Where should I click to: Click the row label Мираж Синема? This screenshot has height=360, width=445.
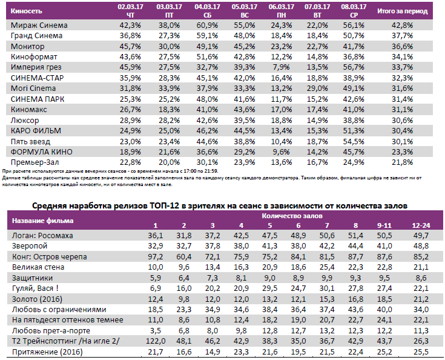pos(39,25)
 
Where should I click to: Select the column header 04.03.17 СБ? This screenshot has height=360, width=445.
pos(206,11)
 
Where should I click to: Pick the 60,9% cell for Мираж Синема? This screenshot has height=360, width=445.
pos(206,25)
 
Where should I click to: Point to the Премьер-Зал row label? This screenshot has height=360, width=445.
pos(38,162)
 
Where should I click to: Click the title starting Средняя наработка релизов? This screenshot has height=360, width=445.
pos(219,206)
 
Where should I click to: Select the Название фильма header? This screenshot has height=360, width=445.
pos(43,220)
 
